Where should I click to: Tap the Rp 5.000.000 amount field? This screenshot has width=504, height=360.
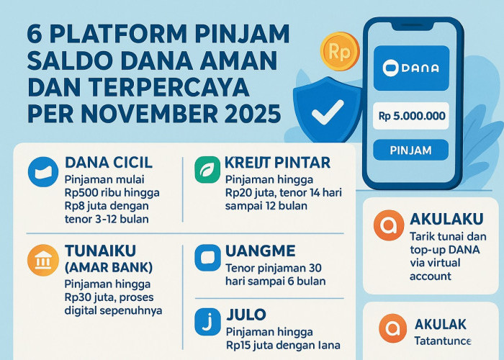[412, 115]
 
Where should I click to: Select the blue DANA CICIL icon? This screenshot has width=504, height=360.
[42, 172]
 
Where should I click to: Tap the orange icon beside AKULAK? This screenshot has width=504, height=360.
[393, 329]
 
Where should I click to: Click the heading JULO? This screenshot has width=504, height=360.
[246, 315]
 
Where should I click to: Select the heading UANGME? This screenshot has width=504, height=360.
[261, 252]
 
